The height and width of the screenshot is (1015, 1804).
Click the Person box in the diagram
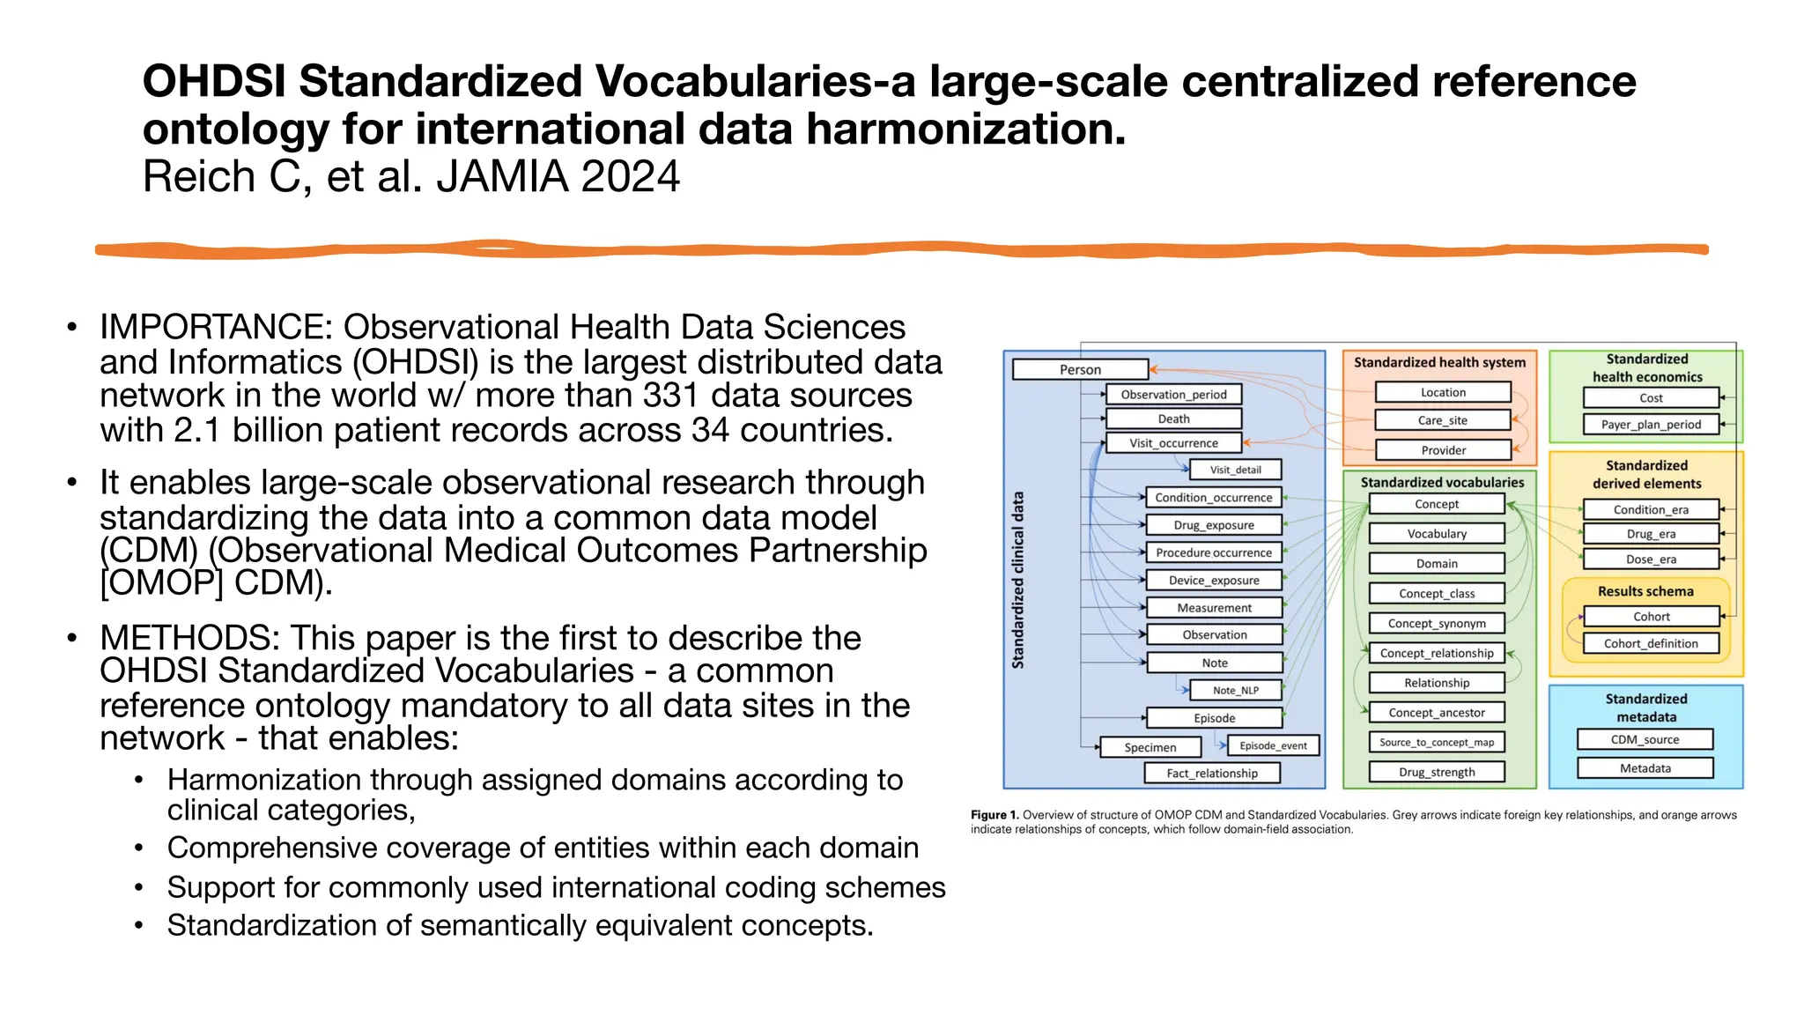(1080, 370)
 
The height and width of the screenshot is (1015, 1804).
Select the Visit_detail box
(1235, 470)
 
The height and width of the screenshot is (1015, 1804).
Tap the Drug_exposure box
(1213, 525)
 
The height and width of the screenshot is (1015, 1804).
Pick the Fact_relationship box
(1211, 773)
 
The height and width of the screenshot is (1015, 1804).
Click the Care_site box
(1442, 420)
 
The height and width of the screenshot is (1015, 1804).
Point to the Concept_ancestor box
(1436, 713)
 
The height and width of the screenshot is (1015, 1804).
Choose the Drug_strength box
(1436, 772)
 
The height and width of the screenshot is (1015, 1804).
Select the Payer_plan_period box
(1650, 425)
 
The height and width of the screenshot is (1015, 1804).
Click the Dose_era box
(1650, 559)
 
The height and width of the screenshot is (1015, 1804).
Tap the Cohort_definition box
(1650, 643)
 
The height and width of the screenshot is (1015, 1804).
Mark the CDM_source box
(1644, 740)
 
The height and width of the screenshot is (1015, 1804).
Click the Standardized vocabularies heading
(1441, 483)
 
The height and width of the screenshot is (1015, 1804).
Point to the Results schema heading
(1645, 591)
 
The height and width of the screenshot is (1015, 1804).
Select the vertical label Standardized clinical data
(1018, 580)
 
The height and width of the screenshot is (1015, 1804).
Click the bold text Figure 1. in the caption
(994, 815)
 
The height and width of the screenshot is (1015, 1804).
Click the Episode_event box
(1272, 745)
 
